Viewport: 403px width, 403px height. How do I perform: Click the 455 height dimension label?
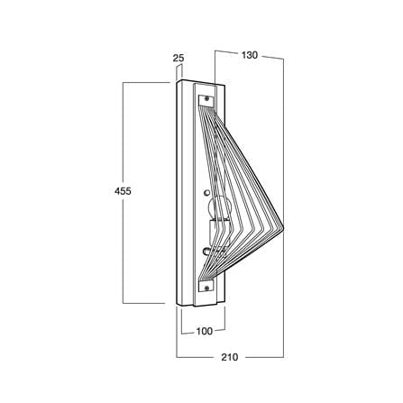(123, 191)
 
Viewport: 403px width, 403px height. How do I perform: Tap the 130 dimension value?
(250, 55)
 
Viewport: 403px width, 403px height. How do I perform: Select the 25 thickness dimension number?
(179, 58)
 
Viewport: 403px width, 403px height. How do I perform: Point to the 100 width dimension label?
(205, 331)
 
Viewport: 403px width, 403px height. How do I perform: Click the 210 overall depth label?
(230, 357)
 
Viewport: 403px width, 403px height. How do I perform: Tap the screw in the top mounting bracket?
(206, 98)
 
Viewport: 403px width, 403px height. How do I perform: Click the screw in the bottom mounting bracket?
(206, 289)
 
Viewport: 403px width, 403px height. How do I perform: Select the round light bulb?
(219, 208)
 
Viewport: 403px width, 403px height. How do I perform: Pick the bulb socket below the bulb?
(220, 232)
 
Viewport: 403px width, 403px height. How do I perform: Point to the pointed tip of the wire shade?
(283, 227)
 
